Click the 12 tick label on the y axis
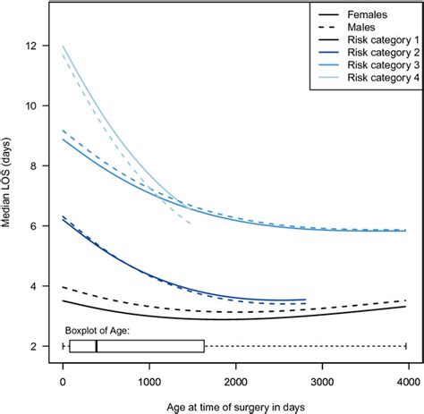(33, 46)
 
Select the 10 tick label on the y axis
(33, 106)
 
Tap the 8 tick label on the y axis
(33, 166)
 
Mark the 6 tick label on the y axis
(33, 226)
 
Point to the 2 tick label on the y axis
(33, 346)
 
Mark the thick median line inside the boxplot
(96, 346)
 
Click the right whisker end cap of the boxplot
(406, 346)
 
